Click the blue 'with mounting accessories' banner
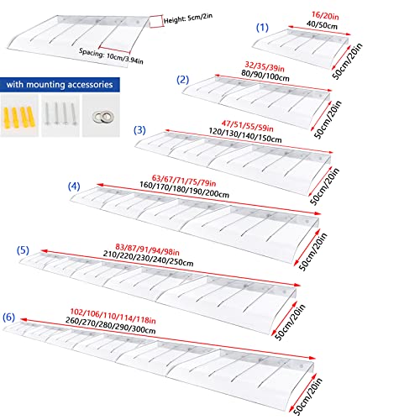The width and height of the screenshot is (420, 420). pyautogui.click(x=60, y=85)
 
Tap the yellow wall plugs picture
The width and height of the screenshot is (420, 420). pyautogui.click(x=19, y=115)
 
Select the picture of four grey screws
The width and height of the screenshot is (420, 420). pyautogui.click(x=60, y=115)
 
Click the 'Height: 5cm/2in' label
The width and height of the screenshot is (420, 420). pyautogui.click(x=188, y=18)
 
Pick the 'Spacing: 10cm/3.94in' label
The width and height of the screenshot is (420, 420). pyautogui.click(x=111, y=56)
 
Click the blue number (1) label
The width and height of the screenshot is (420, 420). pyautogui.click(x=262, y=28)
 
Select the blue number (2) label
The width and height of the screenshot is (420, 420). pyautogui.click(x=182, y=80)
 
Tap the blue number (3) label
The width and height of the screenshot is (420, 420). pyautogui.click(x=139, y=130)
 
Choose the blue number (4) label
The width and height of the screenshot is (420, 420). pyautogui.click(x=74, y=186)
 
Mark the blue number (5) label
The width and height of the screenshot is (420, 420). pyautogui.click(x=23, y=250)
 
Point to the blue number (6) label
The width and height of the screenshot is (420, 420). pyautogui.click(x=8, y=318)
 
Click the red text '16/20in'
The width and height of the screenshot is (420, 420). pyautogui.click(x=325, y=16)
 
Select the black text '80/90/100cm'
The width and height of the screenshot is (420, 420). pyautogui.click(x=265, y=76)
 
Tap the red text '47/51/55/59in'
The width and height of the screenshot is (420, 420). pyautogui.click(x=248, y=126)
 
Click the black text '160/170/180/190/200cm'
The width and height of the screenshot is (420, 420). pyautogui.click(x=184, y=190)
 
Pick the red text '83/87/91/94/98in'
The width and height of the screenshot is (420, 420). pyautogui.click(x=147, y=249)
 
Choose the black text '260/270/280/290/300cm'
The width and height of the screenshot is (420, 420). pyautogui.click(x=111, y=325)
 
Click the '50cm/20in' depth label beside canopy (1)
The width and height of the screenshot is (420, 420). pyautogui.click(x=347, y=61)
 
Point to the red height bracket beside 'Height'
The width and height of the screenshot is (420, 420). pyautogui.click(x=156, y=21)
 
